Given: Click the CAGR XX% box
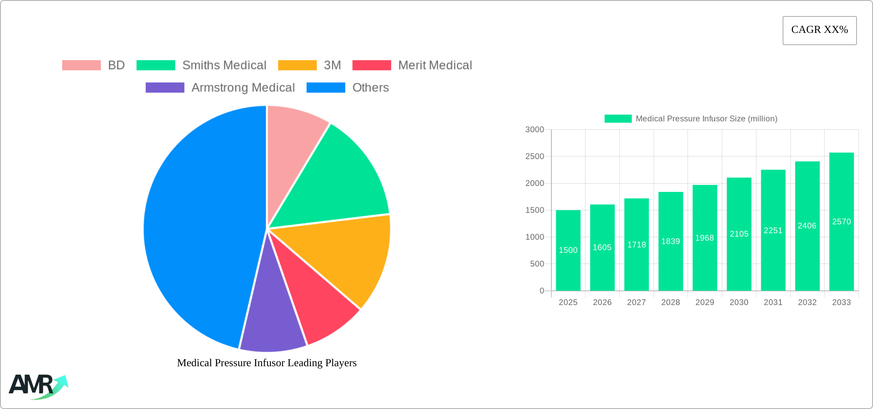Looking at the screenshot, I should pyautogui.click(x=819, y=30).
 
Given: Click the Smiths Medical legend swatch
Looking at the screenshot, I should pyautogui.click(x=156, y=65).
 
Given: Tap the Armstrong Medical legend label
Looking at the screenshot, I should pyautogui.click(x=243, y=88).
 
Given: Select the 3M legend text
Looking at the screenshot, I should pyautogui.click(x=332, y=65).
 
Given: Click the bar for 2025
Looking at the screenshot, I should pyautogui.click(x=568, y=250).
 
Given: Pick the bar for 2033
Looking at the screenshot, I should pyautogui.click(x=842, y=222).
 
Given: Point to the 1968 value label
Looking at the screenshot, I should pyautogui.click(x=705, y=238).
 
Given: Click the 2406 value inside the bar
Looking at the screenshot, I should pyautogui.click(x=807, y=226).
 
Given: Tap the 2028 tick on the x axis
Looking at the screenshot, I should pyautogui.click(x=670, y=302).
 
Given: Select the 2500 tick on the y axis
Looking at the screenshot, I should pyautogui.click(x=535, y=156).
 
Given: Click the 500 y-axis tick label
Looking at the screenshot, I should pyautogui.click(x=537, y=264).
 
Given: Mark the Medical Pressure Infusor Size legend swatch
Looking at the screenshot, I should pyautogui.click(x=618, y=118).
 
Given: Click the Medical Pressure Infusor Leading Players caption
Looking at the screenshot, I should pyautogui.click(x=267, y=363).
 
